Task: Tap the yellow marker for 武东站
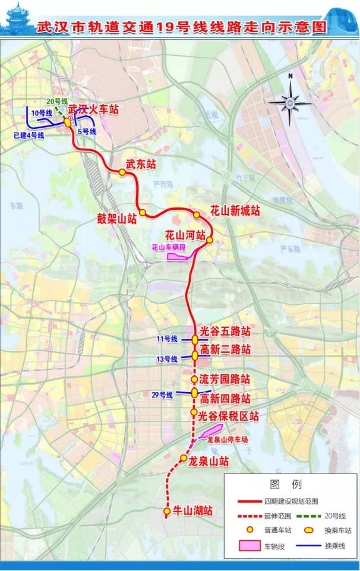click(122, 172)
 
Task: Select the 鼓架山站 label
click(117, 217)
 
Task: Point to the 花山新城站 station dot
click(197, 214)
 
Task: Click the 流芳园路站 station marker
click(194, 379)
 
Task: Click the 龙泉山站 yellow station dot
click(184, 458)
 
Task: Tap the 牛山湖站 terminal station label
click(191, 510)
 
